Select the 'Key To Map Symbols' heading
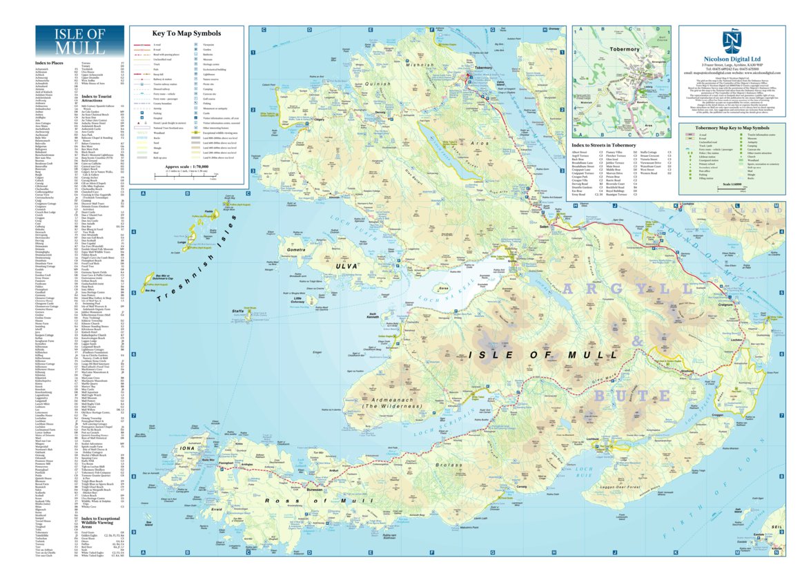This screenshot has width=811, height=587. (186, 33)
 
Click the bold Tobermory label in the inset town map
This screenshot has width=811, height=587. (625, 50)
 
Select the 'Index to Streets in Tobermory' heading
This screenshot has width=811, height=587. (605, 144)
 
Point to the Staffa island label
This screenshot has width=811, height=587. (238, 312)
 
